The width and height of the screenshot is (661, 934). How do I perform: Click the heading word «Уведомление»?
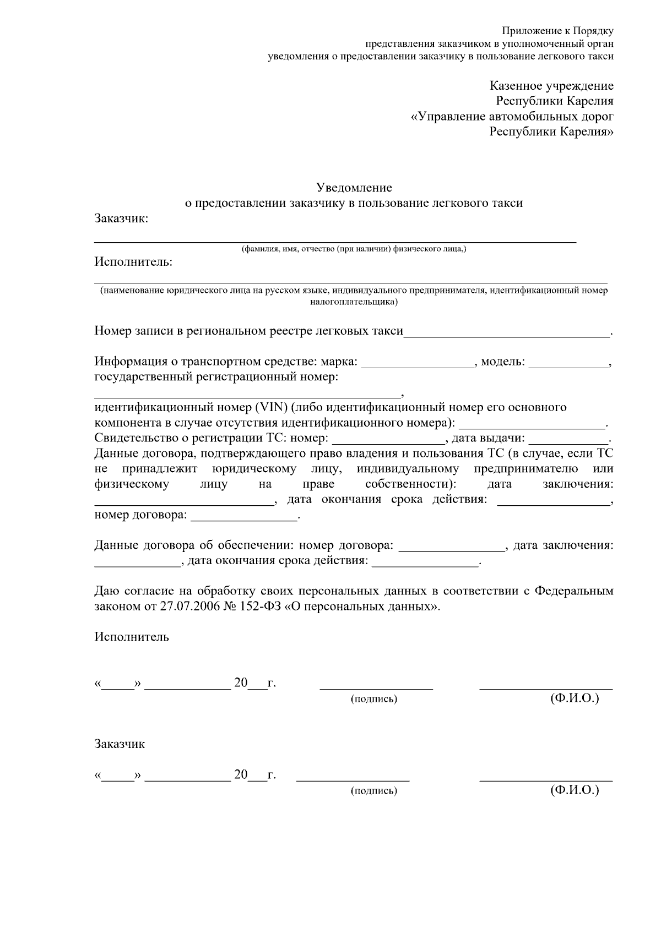click(354, 188)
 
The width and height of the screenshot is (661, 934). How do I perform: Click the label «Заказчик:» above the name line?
click(121, 219)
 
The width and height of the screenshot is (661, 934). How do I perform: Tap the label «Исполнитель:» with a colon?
click(133, 262)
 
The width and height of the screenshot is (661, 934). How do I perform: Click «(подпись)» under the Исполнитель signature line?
click(374, 699)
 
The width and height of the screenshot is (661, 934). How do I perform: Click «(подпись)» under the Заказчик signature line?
click(374, 791)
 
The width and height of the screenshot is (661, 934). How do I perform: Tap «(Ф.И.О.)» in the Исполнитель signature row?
click(575, 698)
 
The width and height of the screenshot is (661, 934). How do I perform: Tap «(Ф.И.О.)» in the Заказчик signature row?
click(575, 790)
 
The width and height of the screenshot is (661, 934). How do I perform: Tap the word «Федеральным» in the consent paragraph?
click(575, 592)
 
